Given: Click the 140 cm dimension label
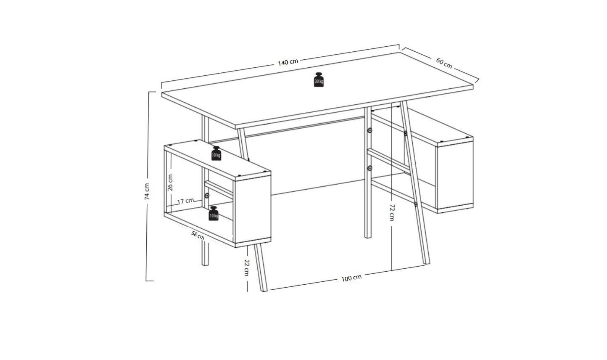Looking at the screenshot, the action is (x=288, y=62).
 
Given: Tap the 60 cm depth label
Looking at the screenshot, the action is (x=444, y=63).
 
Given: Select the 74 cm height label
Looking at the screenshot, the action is (x=147, y=192).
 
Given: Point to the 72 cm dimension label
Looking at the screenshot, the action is (x=392, y=212).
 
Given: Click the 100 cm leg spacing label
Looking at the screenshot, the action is (x=351, y=278).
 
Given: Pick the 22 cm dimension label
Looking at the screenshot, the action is (x=247, y=267).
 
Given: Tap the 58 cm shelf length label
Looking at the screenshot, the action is (x=198, y=235).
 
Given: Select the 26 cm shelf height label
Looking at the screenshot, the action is (x=170, y=183).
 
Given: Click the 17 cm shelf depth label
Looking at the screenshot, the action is (x=186, y=201).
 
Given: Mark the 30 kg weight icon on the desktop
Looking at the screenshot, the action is (x=319, y=80).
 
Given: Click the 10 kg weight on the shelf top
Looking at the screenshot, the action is (x=216, y=154).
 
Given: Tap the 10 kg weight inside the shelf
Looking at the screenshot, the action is (x=214, y=213).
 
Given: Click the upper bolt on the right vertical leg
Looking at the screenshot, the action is (x=369, y=130).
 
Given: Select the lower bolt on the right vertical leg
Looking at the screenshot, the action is (x=369, y=168).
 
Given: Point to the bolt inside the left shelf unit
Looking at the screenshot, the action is (x=207, y=196).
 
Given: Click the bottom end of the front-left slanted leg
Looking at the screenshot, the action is (x=264, y=290).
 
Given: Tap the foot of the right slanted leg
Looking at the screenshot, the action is (x=427, y=263).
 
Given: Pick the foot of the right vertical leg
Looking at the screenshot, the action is (x=368, y=237).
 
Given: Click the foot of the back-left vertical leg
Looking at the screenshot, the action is (x=206, y=264).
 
